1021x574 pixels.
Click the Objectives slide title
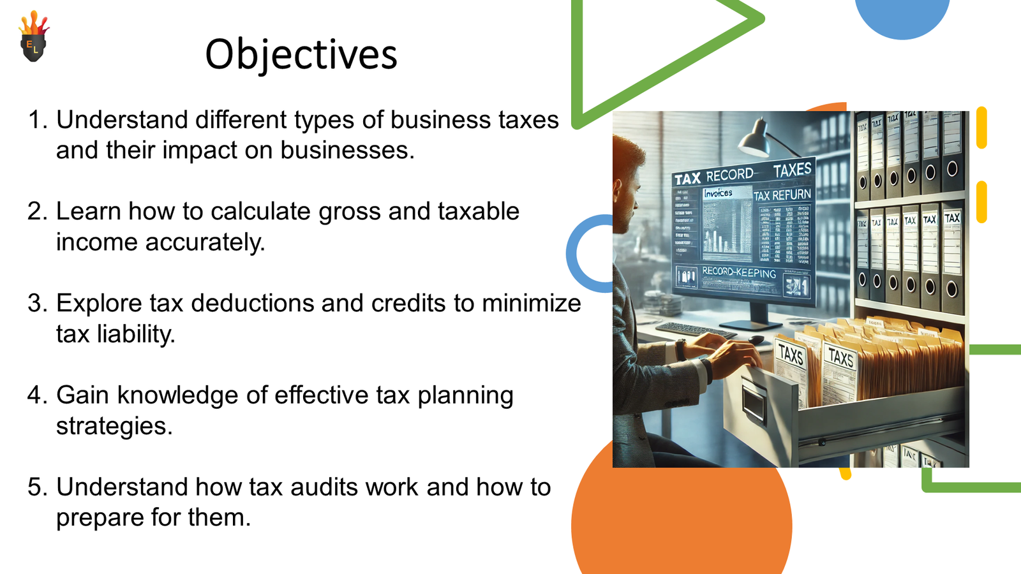[x=301, y=54]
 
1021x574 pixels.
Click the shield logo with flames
[x=33, y=38]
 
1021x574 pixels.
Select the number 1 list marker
[x=36, y=120]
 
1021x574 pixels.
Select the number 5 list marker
[x=36, y=487]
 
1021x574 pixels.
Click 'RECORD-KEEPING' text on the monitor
[x=739, y=272]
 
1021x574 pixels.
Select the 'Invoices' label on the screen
[x=718, y=193]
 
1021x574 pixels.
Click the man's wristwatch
[x=681, y=350]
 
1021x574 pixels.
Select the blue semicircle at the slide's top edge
[x=902, y=16]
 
